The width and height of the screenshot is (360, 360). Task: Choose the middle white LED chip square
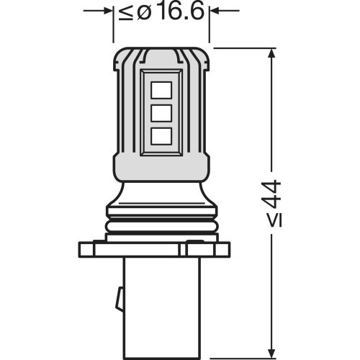click(161, 112)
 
